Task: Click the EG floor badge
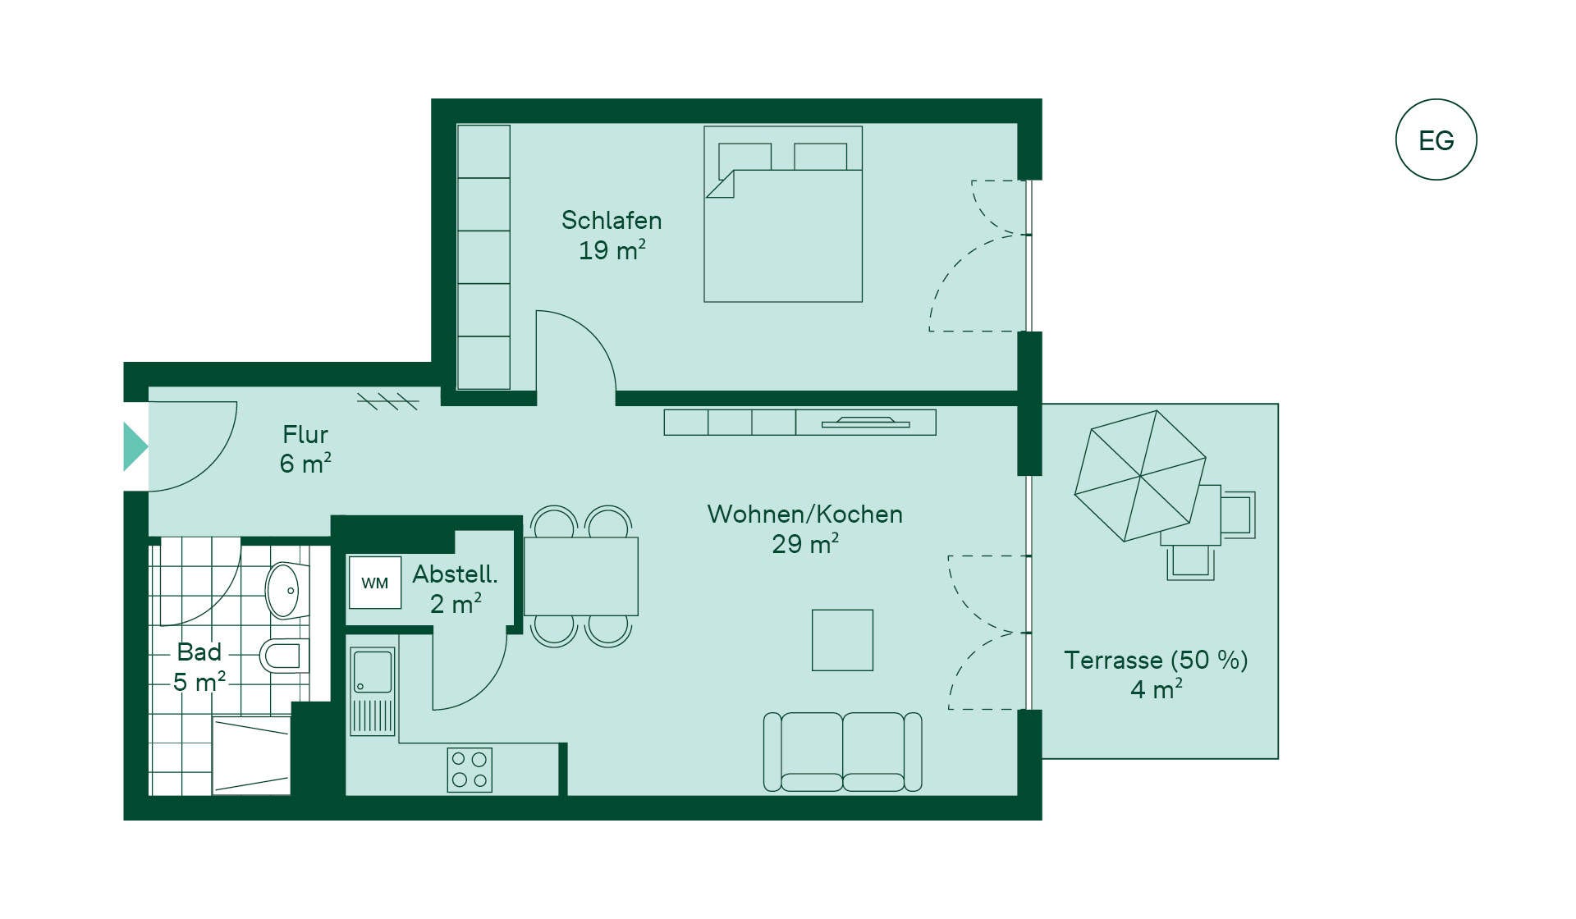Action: (x=1436, y=139)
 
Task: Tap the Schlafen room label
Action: (x=612, y=220)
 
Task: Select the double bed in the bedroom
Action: (x=783, y=214)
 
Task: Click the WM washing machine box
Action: (x=375, y=583)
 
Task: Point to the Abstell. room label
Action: (x=455, y=574)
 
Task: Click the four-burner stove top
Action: (x=470, y=770)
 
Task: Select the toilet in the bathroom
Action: (x=284, y=656)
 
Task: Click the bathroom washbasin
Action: (x=286, y=590)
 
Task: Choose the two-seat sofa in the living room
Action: (x=843, y=752)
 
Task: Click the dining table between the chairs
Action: (x=581, y=576)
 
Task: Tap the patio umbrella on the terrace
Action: (x=1140, y=476)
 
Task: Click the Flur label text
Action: (x=305, y=434)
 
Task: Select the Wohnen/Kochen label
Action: (x=805, y=514)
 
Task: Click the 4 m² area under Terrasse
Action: (x=1157, y=689)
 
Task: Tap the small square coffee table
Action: (x=843, y=640)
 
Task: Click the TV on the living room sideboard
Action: (x=866, y=423)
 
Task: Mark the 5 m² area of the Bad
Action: (x=199, y=682)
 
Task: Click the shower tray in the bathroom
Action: (x=252, y=755)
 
